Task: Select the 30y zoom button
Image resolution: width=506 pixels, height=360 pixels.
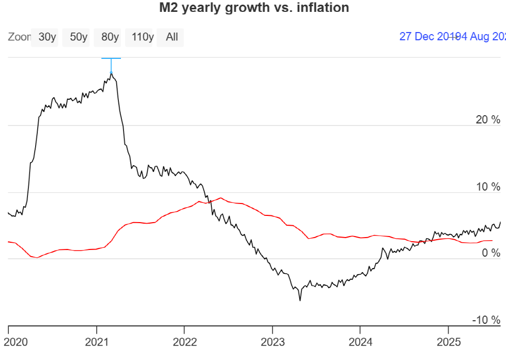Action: (47, 37)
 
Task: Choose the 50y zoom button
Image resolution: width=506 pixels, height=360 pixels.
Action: (78, 37)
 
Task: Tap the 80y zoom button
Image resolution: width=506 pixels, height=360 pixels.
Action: (110, 37)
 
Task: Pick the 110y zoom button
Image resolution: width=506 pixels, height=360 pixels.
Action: (143, 37)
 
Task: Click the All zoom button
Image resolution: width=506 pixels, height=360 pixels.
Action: (172, 37)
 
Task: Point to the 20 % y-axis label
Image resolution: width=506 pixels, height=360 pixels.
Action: (488, 120)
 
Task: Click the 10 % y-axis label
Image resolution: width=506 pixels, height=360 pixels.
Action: (488, 186)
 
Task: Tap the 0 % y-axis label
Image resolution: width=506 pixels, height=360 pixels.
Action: (491, 253)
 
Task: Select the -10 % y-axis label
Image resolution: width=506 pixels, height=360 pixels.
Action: (486, 320)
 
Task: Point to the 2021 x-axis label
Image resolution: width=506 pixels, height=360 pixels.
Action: (97, 341)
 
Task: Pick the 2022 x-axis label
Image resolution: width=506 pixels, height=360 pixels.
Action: (185, 341)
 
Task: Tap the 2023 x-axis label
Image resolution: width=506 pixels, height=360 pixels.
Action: (272, 341)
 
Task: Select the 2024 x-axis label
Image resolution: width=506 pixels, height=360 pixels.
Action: (360, 341)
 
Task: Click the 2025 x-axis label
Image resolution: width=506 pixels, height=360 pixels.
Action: (448, 341)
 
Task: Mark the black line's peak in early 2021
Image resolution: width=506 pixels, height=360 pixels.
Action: (111, 74)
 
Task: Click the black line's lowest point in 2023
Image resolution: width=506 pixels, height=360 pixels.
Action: (300, 300)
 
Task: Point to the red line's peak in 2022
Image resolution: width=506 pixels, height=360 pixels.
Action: (221, 198)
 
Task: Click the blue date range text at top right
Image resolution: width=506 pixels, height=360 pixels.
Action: (452, 37)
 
